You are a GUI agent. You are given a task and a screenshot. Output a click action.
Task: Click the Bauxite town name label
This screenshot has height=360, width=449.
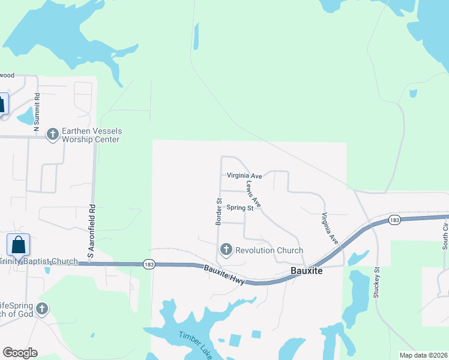tap(307, 271)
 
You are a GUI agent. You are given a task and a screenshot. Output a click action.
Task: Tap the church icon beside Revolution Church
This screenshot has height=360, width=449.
tap(226, 249)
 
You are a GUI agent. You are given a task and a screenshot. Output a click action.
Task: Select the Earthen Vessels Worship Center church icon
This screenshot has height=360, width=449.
tap(53, 134)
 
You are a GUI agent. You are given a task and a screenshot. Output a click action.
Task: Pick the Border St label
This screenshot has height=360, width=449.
tap(219, 212)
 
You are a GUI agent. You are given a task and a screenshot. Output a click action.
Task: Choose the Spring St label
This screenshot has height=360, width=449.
tap(241, 208)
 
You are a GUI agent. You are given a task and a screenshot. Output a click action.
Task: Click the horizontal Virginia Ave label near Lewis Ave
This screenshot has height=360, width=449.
tap(244, 176)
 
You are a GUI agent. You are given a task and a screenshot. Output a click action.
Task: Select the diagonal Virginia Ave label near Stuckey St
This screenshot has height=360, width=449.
tap(330, 229)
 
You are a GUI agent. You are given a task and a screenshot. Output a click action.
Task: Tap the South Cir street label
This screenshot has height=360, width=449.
tap(445, 236)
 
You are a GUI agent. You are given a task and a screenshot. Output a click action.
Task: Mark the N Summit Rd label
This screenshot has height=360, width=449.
tap(37, 112)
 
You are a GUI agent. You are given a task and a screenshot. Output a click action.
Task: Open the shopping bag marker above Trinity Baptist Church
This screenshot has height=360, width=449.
tap(18, 245)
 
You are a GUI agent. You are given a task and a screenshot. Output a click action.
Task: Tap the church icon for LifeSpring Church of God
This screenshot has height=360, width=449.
tap(41, 309)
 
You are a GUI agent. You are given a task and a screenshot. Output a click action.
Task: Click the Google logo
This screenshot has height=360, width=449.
tap(20, 353)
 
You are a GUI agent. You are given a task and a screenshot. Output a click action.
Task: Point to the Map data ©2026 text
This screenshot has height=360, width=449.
tap(423, 355)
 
